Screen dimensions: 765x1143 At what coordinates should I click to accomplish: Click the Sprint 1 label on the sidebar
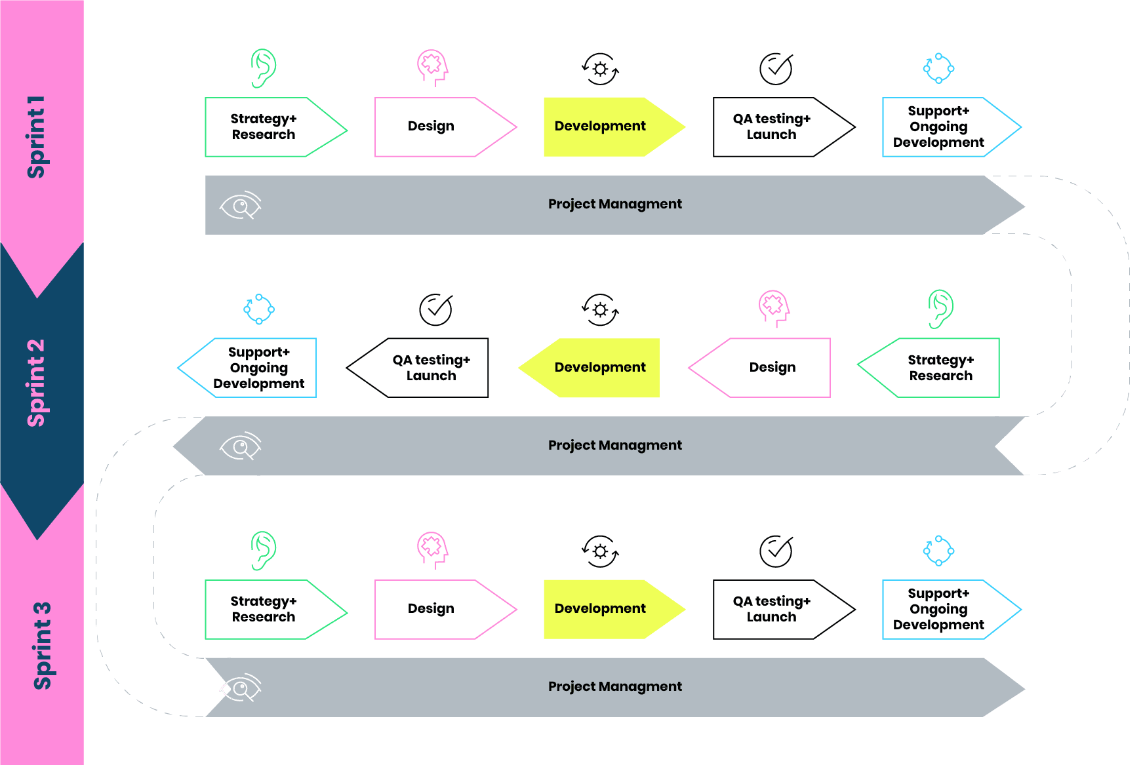[x=36, y=137]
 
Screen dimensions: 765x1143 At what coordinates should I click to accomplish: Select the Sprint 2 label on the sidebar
[x=36, y=383]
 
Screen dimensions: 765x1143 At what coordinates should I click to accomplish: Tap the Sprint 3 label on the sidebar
[x=42, y=646]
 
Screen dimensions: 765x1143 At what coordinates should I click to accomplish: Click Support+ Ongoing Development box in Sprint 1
[x=939, y=127]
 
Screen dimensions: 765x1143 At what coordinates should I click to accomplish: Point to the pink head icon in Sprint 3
[x=432, y=549]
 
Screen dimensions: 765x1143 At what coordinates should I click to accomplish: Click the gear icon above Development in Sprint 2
[x=600, y=309]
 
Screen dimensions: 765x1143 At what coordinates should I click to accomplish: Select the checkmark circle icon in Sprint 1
[x=776, y=69]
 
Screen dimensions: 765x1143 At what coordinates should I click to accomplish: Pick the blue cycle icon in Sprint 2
[x=259, y=309]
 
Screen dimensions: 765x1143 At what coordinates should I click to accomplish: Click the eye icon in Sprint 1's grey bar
[x=240, y=206]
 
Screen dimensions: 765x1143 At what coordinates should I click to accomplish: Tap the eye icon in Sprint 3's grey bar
[x=240, y=688]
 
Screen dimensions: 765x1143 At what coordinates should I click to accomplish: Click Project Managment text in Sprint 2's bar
[x=615, y=446]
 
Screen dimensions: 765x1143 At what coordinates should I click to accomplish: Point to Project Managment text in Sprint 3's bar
[x=615, y=687]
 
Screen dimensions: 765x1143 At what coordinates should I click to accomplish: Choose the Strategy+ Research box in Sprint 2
[x=940, y=368]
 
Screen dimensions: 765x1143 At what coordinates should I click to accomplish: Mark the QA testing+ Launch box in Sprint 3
[x=772, y=609]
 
